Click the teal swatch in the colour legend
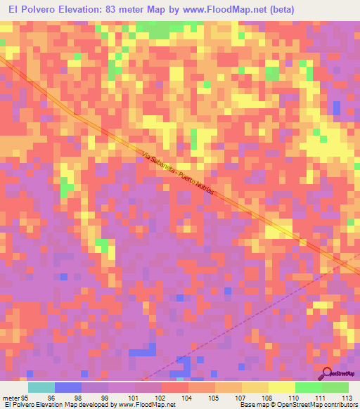tap(41, 387)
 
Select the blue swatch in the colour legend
tap(67, 387)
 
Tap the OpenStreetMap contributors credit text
tap(319, 405)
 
